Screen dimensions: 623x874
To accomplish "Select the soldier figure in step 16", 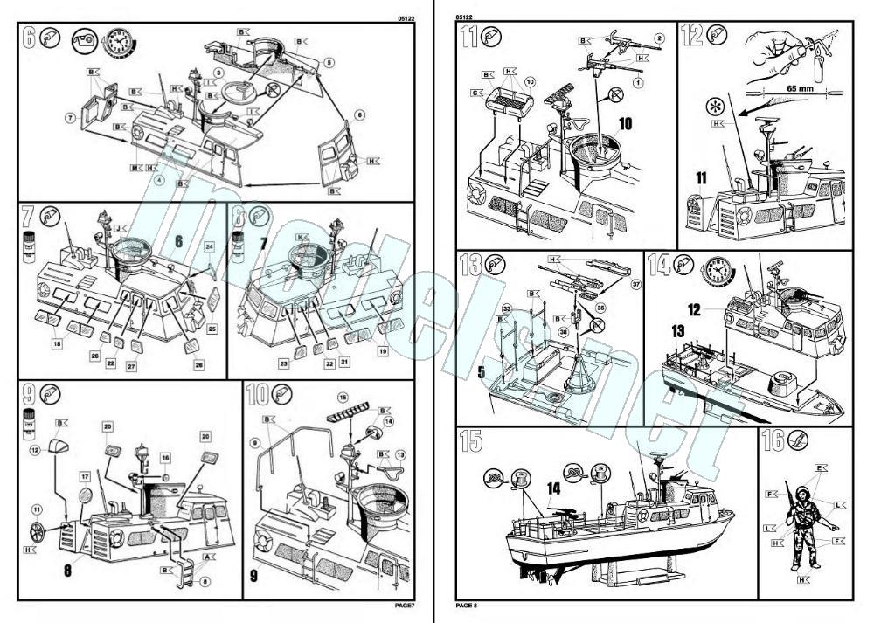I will (x=803, y=523).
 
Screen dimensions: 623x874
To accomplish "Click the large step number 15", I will (x=469, y=443).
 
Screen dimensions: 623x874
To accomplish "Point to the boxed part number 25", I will (x=212, y=329).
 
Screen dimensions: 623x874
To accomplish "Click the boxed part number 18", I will (x=58, y=346).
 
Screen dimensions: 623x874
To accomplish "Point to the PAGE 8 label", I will (x=467, y=605).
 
